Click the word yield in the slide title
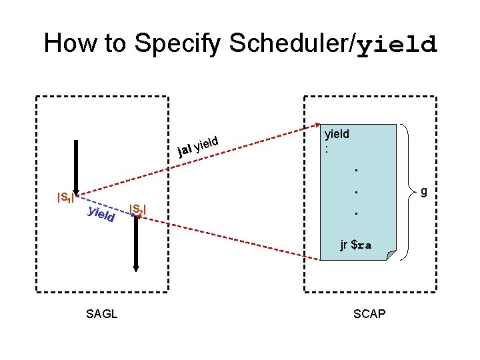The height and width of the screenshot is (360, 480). tap(397, 44)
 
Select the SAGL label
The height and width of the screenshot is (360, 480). tap(102, 313)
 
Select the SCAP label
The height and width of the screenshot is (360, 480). tap(369, 313)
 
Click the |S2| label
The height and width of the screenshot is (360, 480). tap(137, 210)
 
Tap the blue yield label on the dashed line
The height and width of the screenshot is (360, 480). tap(101, 214)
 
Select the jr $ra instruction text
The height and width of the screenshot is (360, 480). tap(355, 245)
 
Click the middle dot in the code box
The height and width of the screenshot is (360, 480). tap(356, 192)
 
